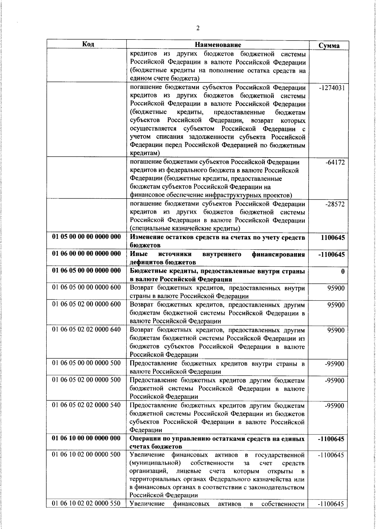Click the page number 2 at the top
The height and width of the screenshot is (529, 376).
coord(198,29)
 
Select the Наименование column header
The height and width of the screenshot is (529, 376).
coord(218,44)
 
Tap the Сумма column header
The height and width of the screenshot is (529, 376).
coord(329,45)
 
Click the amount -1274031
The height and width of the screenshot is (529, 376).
coord(332,88)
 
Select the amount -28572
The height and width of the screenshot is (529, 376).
coord(335,204)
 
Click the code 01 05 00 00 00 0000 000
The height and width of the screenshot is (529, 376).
coord(86,237)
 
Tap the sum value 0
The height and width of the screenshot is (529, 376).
coord(343,271)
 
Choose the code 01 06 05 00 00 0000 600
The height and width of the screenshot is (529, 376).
coord(86,287)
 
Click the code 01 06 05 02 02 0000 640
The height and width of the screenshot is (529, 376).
coord(86,330)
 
